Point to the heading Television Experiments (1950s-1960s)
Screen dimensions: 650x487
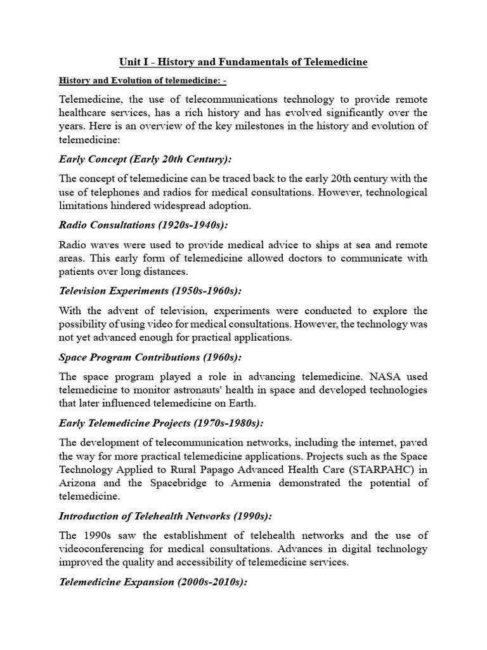click(x=150, y=291)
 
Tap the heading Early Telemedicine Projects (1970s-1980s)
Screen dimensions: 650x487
click(x=160, y=423)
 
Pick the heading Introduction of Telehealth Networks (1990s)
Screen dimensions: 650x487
click(x=169, y=516)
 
